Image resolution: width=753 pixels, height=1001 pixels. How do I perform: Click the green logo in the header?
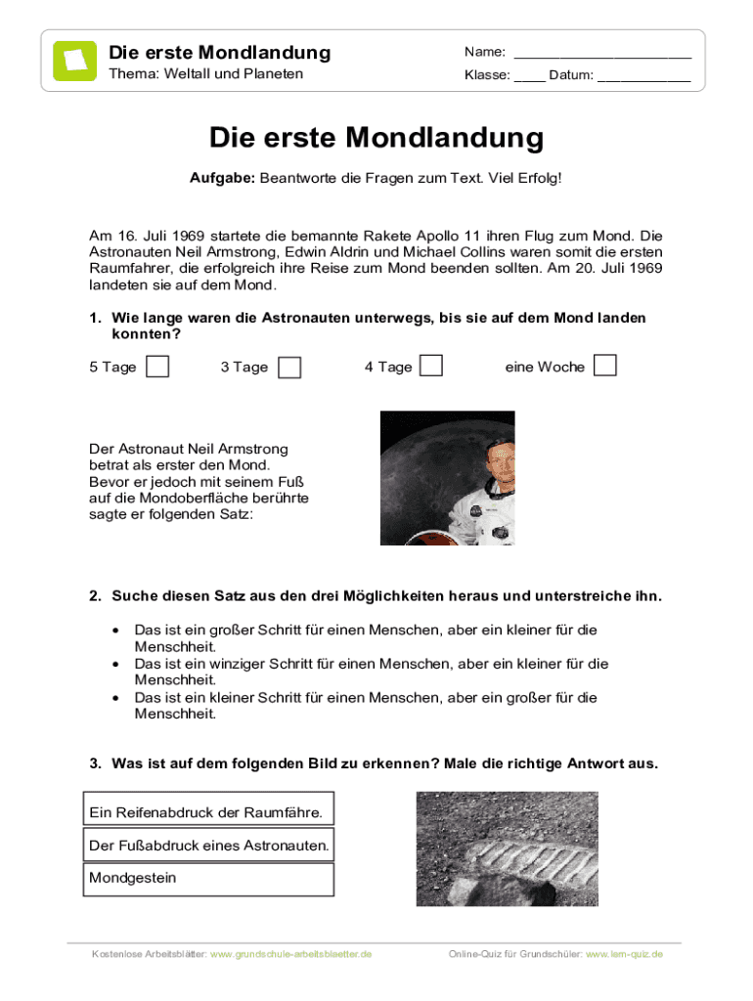(x=74, y=61)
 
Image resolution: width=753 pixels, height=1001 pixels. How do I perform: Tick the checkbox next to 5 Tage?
(x=156, y=367)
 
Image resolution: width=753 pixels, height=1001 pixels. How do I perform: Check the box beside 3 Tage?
(x=288, y=368)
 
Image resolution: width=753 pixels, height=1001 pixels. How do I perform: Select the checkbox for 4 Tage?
(x=431, y=366)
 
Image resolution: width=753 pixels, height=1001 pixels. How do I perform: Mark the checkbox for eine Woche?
(x=605, y=366)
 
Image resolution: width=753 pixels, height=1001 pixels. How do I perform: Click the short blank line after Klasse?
(x=529, y=76)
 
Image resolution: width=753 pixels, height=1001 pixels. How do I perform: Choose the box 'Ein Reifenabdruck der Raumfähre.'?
(x=208, y=812)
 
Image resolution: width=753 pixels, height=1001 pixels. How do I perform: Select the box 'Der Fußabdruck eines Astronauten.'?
(x=208, y=845)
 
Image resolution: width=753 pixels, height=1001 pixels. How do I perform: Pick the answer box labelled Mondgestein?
(x=208, y=878)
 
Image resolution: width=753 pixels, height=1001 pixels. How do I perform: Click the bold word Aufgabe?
(x=222, y=179)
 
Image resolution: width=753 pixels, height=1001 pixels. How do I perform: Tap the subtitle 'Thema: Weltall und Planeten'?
(x=205, y=74)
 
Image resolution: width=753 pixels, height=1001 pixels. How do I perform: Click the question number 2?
(x=95, y=595)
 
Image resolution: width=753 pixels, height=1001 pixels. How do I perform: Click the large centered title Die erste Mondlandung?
(x=376, y=138)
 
